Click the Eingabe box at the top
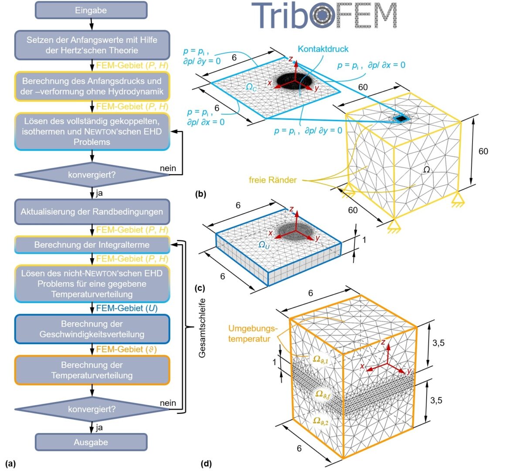tap(91, 10)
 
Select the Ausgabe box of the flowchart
tap(91, 442)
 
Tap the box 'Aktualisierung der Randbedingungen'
tap(92, 212)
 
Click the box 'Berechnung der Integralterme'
tap(92, 245)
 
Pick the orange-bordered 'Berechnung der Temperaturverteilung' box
tap(92, 370)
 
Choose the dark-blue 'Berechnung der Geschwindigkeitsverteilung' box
tap(92, 329)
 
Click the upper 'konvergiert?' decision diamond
tap(92, 175)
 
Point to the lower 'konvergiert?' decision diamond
tap(92, 410)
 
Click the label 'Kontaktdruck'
tap(323, 49)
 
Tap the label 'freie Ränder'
tap(273, 180)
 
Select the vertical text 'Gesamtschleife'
tap(202, 328)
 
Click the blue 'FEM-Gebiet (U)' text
tap(126, 308)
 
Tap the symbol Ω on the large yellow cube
tap(426, 169)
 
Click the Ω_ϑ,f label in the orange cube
tap(323, 395)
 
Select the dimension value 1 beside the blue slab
tap(364, 240)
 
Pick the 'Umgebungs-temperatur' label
tap(252, 333)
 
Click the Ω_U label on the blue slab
tap(264, 245)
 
